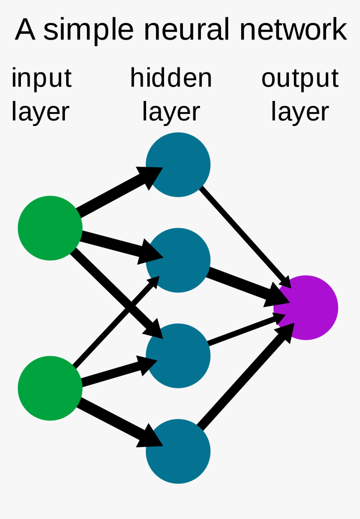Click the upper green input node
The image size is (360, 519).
(50, 228)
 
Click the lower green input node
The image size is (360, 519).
(50, 388)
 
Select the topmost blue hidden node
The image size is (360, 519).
(178, 164)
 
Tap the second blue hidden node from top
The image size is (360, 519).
(178, 260)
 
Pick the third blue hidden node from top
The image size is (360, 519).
(178, 355)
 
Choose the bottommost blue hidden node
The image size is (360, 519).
(178, 451)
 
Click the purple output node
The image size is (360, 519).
(306, 308)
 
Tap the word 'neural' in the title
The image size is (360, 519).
(187, 29)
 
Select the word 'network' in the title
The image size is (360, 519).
(293, 29)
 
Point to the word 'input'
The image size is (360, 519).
(41, 79)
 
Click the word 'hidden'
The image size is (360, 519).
(171, 78)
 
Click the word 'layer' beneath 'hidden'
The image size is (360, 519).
(171, 112)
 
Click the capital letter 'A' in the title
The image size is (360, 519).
(25, 29)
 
